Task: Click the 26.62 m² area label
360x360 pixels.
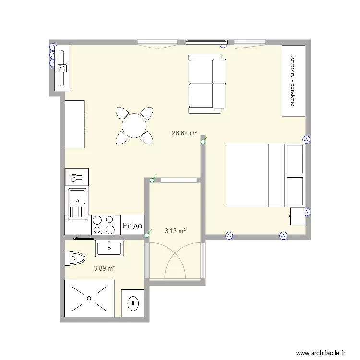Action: click(184, 133)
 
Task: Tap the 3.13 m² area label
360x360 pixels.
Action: click(175, 231)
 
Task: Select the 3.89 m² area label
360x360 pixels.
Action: click(104, 269)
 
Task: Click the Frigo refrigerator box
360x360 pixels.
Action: click(132, 225)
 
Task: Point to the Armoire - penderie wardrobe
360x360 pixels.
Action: click(293, 81)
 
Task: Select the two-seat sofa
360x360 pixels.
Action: click(207, 84)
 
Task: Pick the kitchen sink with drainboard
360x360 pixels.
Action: click(77, 204)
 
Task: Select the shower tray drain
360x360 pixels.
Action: click(89, 298)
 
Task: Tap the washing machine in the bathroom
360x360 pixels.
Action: click(132, 303)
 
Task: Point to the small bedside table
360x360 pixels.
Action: click(298, 216)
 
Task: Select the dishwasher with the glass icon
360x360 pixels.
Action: click(77, 178)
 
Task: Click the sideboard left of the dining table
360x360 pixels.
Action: click(75, 124)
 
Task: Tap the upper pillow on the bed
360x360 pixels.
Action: click(294, 158)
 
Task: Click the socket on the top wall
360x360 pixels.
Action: click(223, 45)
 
